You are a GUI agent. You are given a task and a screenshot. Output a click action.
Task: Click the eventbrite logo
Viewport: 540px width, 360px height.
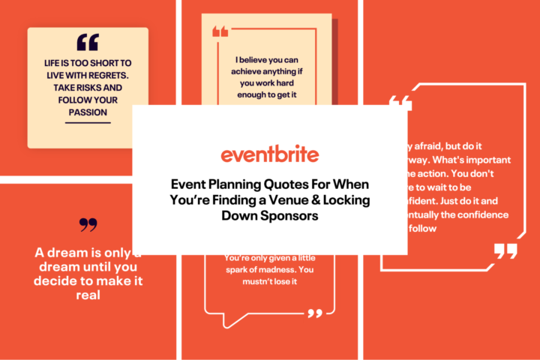tap(269, 154)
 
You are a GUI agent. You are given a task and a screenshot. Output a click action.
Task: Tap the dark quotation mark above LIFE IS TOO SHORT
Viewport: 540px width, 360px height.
tap(88, 42)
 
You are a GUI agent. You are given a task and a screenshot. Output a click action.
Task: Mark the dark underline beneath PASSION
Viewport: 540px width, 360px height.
tap(87, 122)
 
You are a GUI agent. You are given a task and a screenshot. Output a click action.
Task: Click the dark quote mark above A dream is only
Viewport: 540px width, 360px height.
tap(88, 224)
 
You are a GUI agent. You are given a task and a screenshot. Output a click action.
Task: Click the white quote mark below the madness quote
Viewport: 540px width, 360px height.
tap(315, 313)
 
